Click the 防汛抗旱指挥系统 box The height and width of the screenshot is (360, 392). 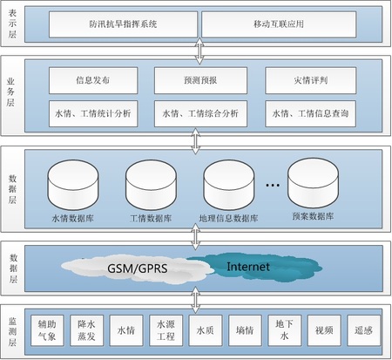click(123, 24)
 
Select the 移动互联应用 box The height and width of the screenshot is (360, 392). click(279, 24)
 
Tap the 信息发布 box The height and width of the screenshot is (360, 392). click(93, 80)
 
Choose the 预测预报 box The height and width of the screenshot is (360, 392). click(200, 80)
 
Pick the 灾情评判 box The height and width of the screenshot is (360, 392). click(310, 80)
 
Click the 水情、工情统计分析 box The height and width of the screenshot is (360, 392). click(93, 113)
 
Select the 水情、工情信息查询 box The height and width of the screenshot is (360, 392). click(310, 113)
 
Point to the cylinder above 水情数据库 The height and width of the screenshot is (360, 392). click(73, 185)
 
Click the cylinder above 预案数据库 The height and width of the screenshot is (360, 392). click(313, 183)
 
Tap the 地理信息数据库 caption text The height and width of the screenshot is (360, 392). click(228, 218)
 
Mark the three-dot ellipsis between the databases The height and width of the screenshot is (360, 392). click(273, 185)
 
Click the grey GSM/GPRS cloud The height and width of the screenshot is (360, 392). click(138, 268)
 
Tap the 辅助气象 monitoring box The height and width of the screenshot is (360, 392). click(47, 330)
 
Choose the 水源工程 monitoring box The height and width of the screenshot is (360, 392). click(166, 330)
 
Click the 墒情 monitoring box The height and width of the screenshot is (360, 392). click(245, 330)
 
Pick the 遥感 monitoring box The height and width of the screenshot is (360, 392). click(363, 330)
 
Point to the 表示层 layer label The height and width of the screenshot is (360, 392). click(12, 24)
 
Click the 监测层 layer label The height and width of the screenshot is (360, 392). click(12, 332)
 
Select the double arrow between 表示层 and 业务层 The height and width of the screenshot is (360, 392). click(199, 51)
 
